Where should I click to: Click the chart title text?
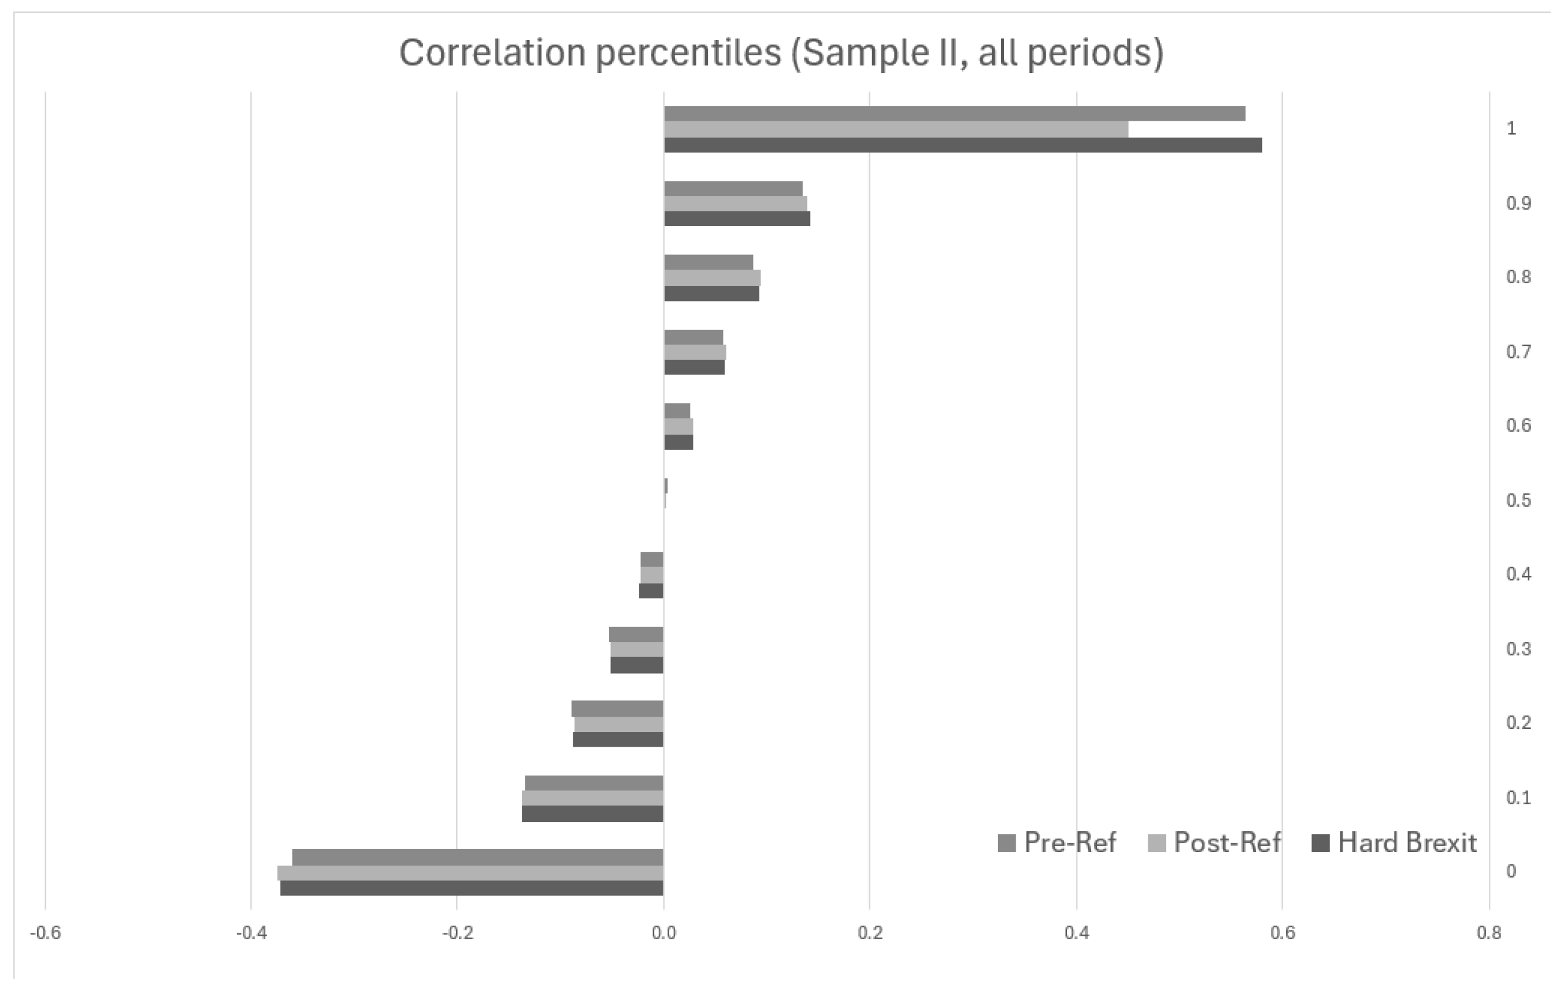tap(781, 53)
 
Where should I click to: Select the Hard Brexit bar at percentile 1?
tap(962, 145)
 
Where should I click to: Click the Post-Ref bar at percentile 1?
tap(895, 130)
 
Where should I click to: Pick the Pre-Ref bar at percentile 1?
tap(954, 114)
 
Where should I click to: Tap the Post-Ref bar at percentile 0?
tap(470, 873)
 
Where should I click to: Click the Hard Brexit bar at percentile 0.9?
tap(736, 218)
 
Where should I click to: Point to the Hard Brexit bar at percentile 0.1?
tap(592, 814)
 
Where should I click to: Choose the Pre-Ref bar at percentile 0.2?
tap(617, 708)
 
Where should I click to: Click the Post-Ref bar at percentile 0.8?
tap(712, 278)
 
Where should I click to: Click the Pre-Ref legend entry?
tap(1057, 843)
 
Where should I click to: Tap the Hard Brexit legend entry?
tap(1393, 843)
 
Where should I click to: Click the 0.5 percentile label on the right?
tap(1518, 501)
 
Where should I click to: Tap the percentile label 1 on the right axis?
tap(1511, 128)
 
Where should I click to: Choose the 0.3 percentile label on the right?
tap(1518, 649)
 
